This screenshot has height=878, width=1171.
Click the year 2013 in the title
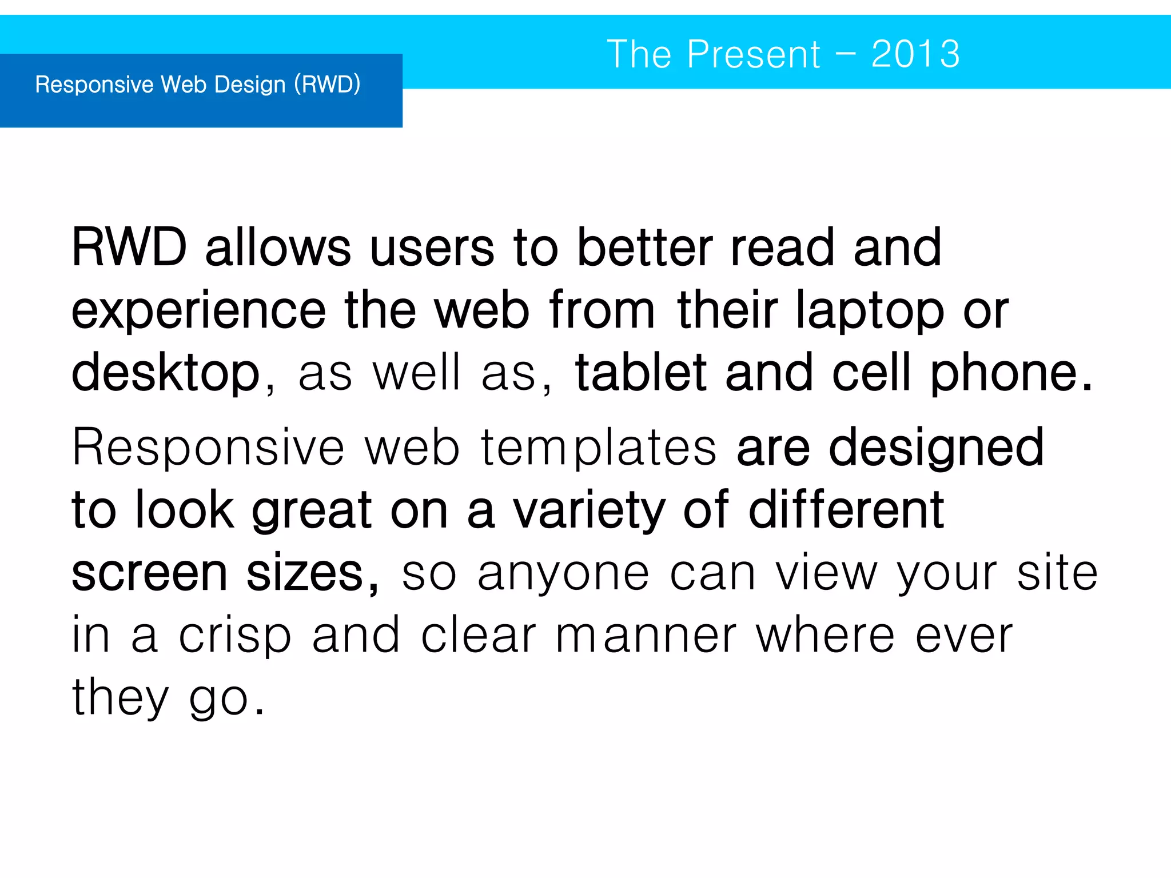915,54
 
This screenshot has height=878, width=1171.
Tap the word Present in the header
754,54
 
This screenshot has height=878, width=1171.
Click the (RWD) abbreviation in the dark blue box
327,85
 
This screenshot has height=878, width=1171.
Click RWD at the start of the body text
129,248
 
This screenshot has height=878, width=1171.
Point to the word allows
278,248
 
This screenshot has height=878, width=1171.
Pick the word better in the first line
644,248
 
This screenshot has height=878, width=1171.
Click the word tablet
640,373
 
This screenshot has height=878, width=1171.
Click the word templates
599,448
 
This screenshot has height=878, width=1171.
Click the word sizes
312,573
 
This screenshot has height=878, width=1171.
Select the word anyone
564,574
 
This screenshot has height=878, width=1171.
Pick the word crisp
235,636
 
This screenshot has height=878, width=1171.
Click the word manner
647,636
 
